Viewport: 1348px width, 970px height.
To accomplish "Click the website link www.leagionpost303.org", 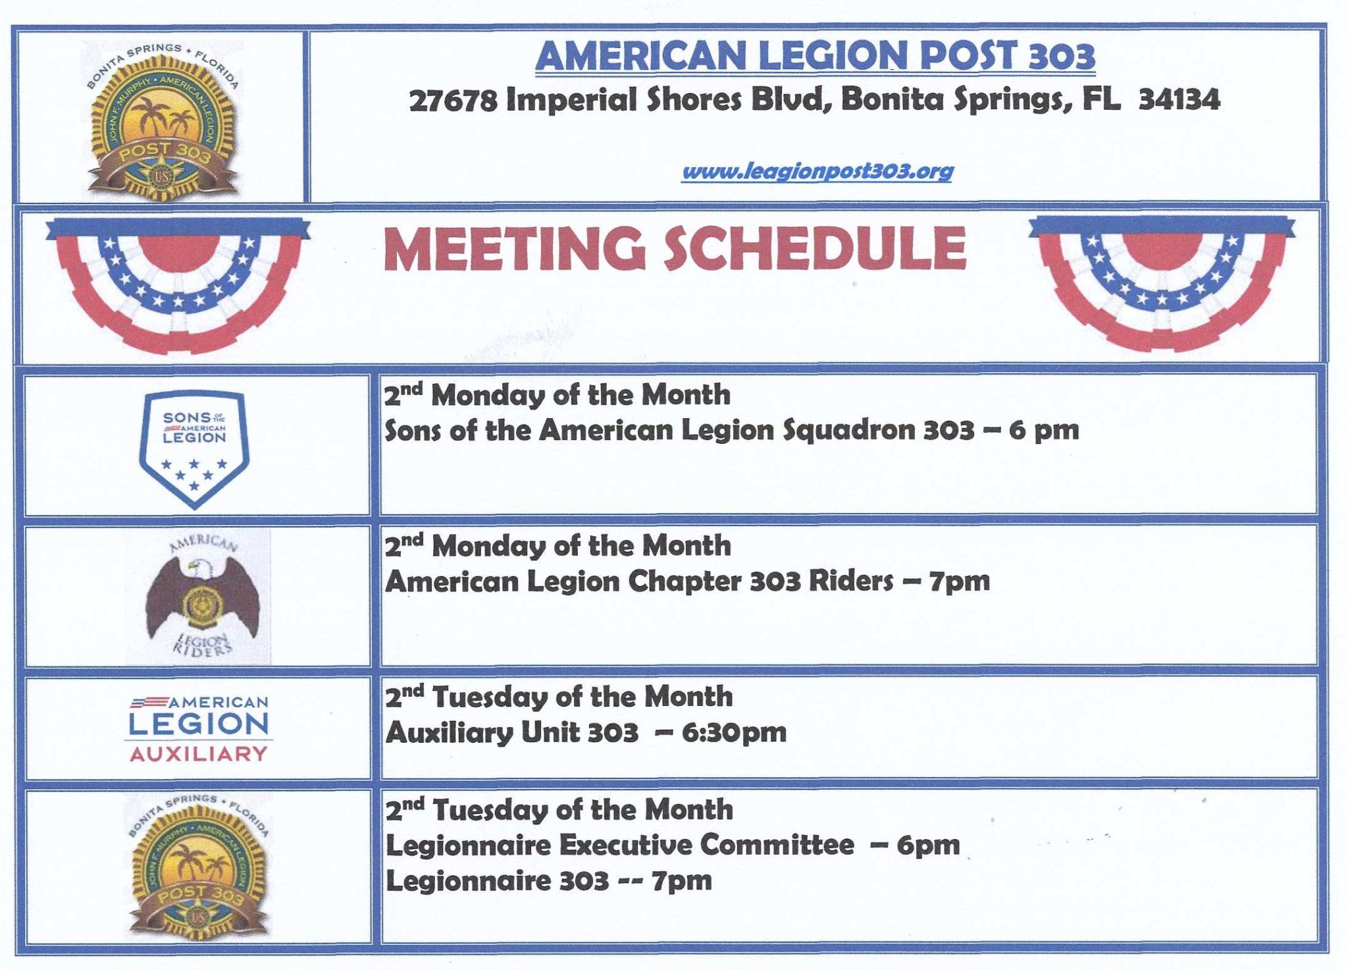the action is pos(817,172).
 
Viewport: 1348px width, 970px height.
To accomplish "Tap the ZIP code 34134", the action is pos(1179,100).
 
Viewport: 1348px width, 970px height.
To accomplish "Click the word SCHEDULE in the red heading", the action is pos(814,248).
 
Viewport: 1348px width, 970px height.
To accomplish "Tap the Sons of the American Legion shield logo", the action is pos(194,449).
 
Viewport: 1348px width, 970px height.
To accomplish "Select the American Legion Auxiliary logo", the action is pos(199,728).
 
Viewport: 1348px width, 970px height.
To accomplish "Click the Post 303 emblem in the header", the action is pos(163,121).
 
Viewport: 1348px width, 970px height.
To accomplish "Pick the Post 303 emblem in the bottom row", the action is pos(197,865).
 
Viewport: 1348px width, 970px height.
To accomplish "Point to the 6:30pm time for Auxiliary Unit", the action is pos(734,733).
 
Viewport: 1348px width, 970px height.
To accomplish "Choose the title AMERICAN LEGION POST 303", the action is pos(815,55).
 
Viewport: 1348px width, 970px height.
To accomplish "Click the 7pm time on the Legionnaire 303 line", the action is pos(682,881).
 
